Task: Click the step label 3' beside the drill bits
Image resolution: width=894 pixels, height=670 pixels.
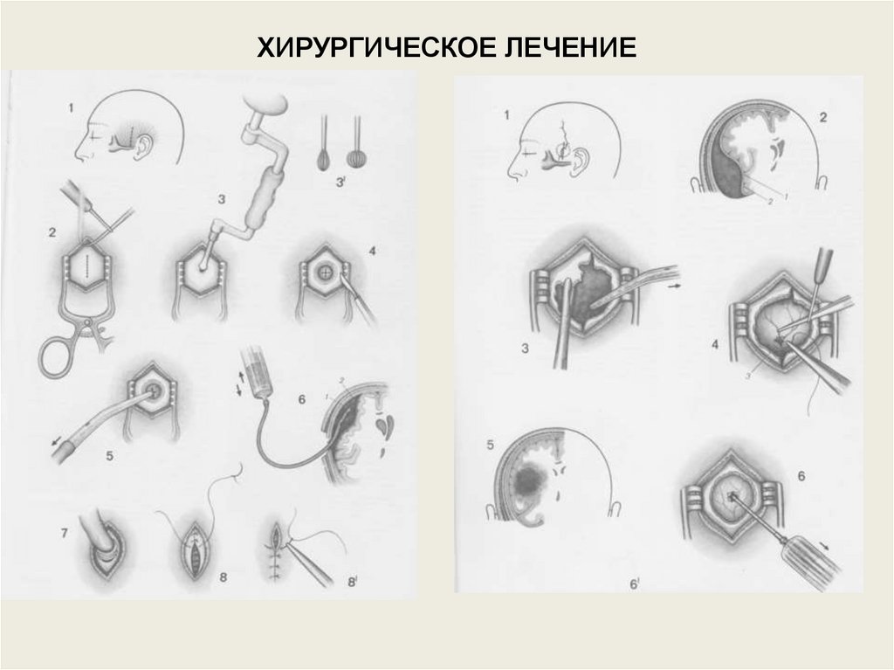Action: [341, 182]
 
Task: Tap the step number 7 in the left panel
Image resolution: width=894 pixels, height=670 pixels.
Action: [64, 534]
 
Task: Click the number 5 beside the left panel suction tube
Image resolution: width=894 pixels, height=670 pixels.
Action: [109, 455]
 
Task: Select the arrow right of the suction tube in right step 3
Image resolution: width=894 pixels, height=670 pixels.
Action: [675, 287]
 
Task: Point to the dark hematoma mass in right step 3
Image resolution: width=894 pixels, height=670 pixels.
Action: [591, 291]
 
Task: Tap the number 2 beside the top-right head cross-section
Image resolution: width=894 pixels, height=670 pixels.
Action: [822, 118]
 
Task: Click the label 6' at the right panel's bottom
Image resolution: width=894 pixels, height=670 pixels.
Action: [634, 584]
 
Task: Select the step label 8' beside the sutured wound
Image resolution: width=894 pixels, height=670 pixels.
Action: [352, 582]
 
